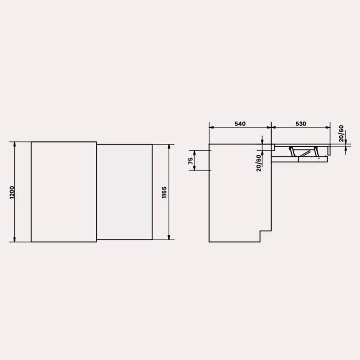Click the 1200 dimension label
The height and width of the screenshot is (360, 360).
coord(12,193)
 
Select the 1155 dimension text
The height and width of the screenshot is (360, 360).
coord(164,193)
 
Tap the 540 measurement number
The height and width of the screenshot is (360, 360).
coord(240,124)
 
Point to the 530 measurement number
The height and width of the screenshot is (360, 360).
coord(301,124)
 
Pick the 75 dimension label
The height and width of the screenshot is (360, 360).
coord(190,161)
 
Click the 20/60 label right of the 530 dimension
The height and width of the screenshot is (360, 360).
coord(341,133)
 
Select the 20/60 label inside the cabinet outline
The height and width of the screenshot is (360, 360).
coord(259,163)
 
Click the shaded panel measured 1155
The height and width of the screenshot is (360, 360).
coord(125,192)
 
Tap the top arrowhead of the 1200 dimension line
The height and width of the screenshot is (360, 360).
coord(14,144)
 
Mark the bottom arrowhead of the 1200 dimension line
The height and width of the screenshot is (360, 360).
coord(14,239)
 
